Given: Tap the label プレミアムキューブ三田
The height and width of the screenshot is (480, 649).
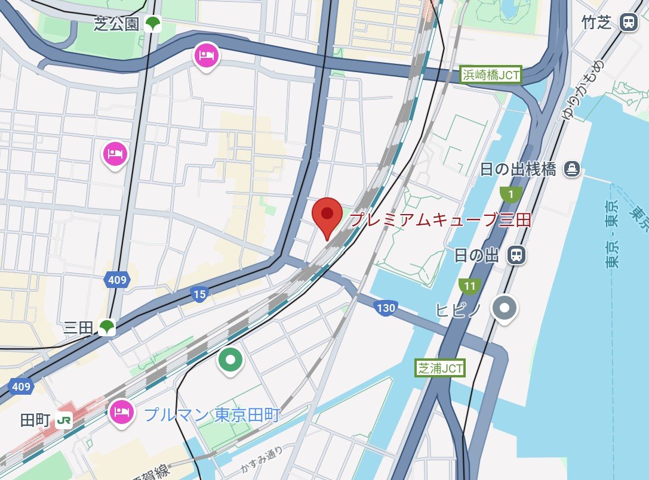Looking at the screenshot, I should [x=440, y=219].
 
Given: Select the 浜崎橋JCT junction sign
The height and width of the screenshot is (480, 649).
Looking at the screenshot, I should [x=491, y=75].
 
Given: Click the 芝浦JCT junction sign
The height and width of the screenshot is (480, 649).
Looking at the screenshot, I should [x=440, y=368].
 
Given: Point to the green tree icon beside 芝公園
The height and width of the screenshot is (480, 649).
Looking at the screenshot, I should [x=153, y=24].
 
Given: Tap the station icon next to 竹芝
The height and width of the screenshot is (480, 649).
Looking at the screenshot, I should [x=628, y=23].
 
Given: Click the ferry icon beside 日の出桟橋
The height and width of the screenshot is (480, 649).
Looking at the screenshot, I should [x=572, y=169].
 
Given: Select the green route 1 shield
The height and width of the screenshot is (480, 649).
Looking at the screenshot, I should [x=510, y=194].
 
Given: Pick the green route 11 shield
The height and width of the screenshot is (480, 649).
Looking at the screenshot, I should [x=470, y=286].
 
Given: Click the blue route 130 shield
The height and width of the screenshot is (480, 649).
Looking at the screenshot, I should [x=386, y=308].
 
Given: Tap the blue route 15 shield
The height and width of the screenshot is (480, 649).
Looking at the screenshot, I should [x=199, y=293].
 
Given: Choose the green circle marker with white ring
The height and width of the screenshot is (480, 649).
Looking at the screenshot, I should [x=230, y=360].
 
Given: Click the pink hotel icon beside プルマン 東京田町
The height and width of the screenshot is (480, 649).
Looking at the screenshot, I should [x=122, y=411].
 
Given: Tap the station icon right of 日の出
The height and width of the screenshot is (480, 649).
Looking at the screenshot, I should [x=516, y=256].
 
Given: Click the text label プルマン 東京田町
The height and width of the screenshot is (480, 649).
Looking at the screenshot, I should [x=212, y=414].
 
